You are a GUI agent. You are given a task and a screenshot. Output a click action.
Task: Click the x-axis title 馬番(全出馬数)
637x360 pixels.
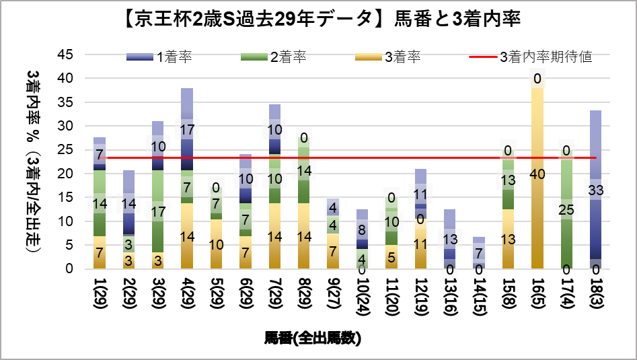click(x=313, y=338)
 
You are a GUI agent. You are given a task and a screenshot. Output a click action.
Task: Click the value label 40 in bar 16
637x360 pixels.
click(x=537, y=174)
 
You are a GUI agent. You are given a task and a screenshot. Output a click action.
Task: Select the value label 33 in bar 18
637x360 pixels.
click(x=595, y=190)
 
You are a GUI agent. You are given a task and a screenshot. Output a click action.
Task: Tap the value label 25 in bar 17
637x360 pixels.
click(x=566, y=210)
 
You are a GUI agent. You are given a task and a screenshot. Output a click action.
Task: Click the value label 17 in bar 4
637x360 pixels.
click(x=187, y=129)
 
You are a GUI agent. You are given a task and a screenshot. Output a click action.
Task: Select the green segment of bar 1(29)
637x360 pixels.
click(x=100, y=203)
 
